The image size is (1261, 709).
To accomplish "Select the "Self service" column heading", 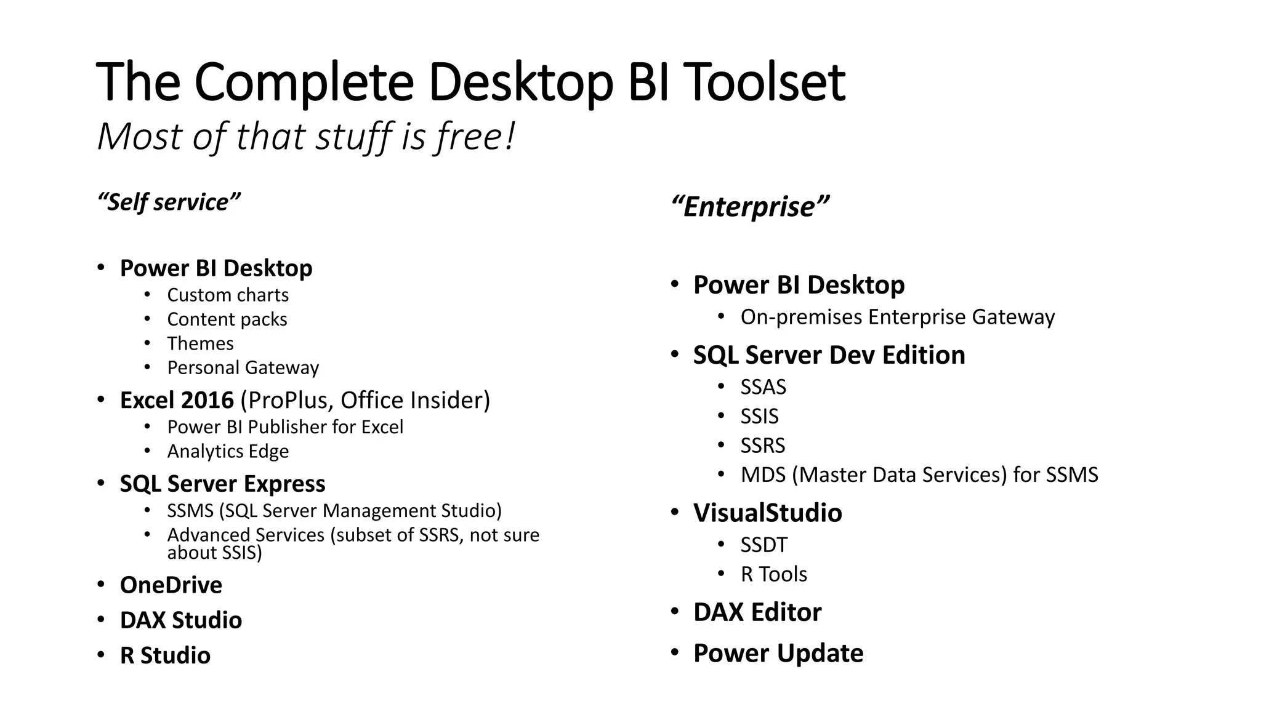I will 169,202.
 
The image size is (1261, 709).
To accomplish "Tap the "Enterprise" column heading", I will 750,206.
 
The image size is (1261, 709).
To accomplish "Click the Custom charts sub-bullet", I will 227,295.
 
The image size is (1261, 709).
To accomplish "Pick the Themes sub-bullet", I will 200,343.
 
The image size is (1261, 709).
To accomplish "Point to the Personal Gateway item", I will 243,367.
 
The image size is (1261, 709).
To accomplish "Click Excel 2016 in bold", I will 177,400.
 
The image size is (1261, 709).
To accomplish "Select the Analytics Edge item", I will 228,451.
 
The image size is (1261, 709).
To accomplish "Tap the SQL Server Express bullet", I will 222,484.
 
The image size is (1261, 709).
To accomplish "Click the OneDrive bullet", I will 171,585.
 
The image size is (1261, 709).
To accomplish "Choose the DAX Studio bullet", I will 180,620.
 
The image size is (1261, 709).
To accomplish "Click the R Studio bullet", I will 165,655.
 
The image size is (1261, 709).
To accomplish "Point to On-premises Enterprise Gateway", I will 897,317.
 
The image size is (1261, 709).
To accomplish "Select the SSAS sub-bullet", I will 763,387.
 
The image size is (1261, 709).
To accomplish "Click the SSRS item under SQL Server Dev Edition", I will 763,446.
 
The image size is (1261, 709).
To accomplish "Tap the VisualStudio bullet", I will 767,513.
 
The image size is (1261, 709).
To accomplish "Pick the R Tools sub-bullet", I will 773,574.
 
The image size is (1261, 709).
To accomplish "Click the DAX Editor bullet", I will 757,612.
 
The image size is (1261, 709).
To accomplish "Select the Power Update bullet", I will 778,653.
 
